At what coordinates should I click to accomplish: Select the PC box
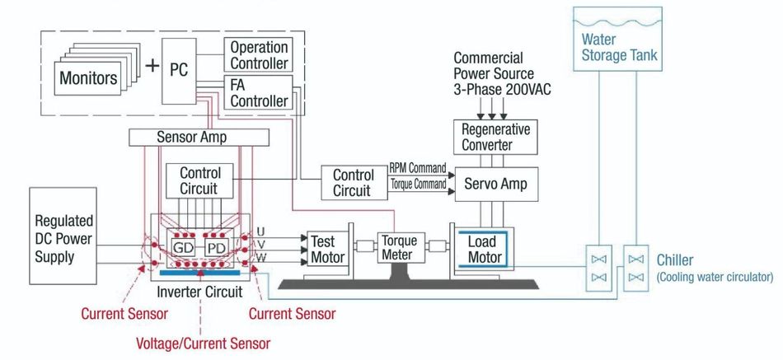(x=179, y=71)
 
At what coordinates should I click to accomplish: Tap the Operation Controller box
(x=258, y=55)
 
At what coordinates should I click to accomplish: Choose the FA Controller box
(x=258, y=91)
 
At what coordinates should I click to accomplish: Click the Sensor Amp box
(x=191, y=138)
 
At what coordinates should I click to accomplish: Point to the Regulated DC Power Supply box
(x=63, y=240)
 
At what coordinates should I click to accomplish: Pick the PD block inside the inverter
(x=216, y=246)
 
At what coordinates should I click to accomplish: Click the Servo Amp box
(x=496, y=184)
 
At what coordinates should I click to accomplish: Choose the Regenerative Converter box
(x=496, y=137)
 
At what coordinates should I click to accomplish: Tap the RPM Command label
(x=418, y=168)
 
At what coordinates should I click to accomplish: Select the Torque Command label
(x=416, y=185)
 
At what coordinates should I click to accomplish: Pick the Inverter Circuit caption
(x=198, y=292)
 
